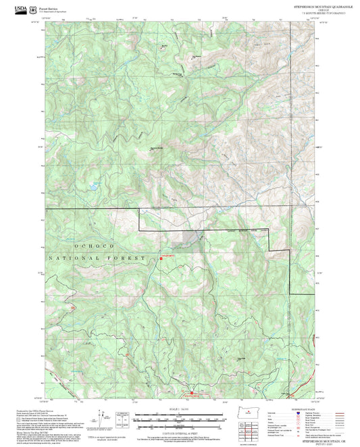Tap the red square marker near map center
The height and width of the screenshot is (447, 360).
[x=161, y=258]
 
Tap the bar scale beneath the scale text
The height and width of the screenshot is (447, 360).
[x=180, y=419]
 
